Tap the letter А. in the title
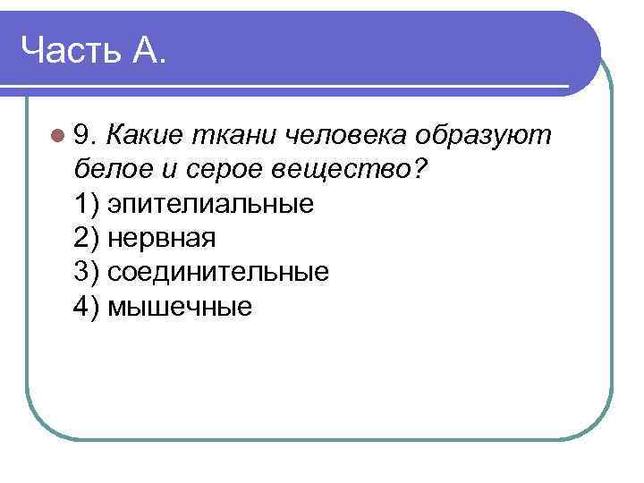tap(148, 51)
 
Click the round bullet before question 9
tap(58, 135)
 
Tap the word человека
tap(345, 135)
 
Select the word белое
tap(114, 170)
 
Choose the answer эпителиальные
tap(211, 204)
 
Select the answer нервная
tap(162, 238)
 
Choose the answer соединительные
tap(218, 272)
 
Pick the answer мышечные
tap(180, 307)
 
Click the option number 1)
tap(89, 204)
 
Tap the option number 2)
tap(89, 238)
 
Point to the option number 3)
tap(89, 272)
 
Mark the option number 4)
tap(89, 306)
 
